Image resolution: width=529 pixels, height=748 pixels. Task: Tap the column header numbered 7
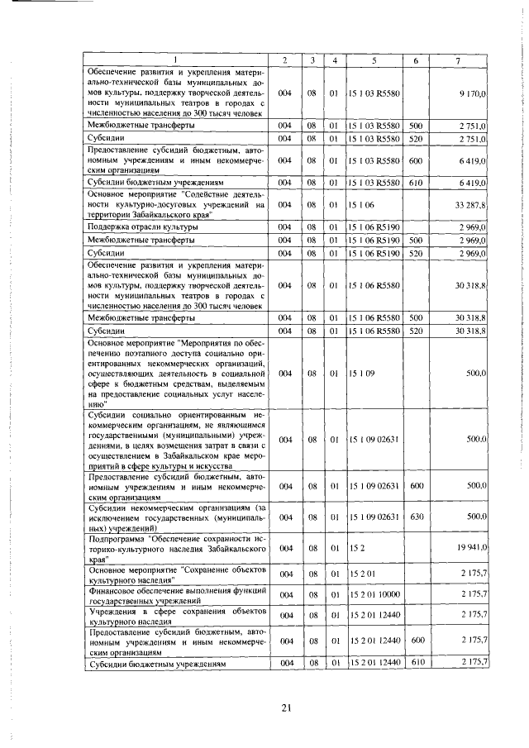[x=459, y=61]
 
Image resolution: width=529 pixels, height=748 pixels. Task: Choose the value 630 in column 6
[x=416, y=517]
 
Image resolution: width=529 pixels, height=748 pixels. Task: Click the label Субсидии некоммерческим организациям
[x=179, y=517]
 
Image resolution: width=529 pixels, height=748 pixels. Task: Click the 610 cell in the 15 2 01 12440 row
[x=416, y=663]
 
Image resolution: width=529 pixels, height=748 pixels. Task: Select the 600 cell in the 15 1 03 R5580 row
[x=416, y=160]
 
